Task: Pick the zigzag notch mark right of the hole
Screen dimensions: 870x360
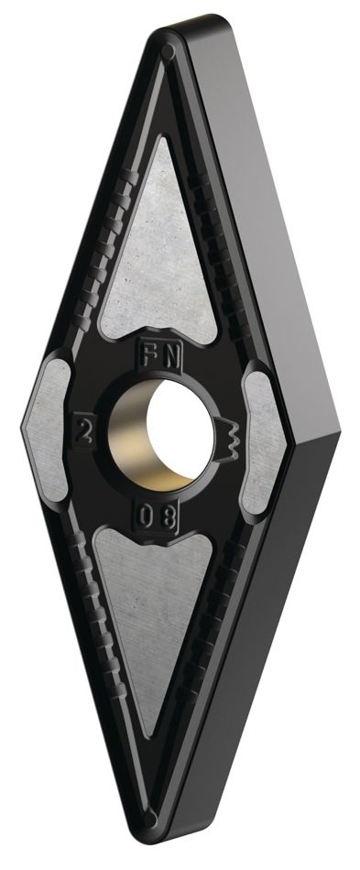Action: point(229,440)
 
